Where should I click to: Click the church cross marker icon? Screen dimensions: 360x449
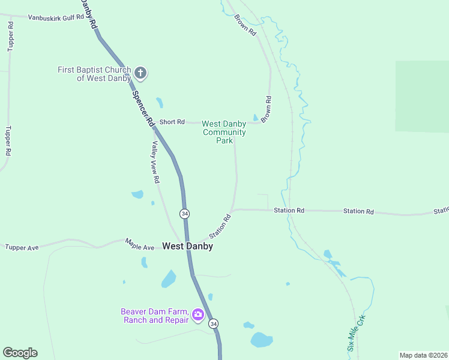tap(140, 74)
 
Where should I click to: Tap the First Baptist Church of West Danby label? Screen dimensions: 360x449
tap(94, 74)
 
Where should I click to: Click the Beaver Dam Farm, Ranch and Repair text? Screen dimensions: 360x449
tap(155, 316)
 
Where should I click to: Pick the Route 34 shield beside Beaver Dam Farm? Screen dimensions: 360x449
tap(214, 323)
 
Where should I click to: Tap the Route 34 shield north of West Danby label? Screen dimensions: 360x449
tap(184, 214)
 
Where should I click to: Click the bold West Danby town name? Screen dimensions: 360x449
tap(187, 246)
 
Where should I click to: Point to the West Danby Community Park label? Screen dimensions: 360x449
tap(224, 132)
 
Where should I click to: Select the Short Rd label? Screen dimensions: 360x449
tap(172, 122)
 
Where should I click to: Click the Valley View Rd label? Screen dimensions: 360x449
tap(155, 162)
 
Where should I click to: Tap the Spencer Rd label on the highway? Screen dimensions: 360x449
tap(143, 107)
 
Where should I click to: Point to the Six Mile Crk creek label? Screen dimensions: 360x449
tap(356, 334)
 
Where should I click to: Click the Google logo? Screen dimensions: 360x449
tap(20, 353)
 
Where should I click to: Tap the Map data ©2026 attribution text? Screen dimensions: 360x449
tap(423, 355)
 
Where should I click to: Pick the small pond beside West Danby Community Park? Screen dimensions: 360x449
tap(256, 117)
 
